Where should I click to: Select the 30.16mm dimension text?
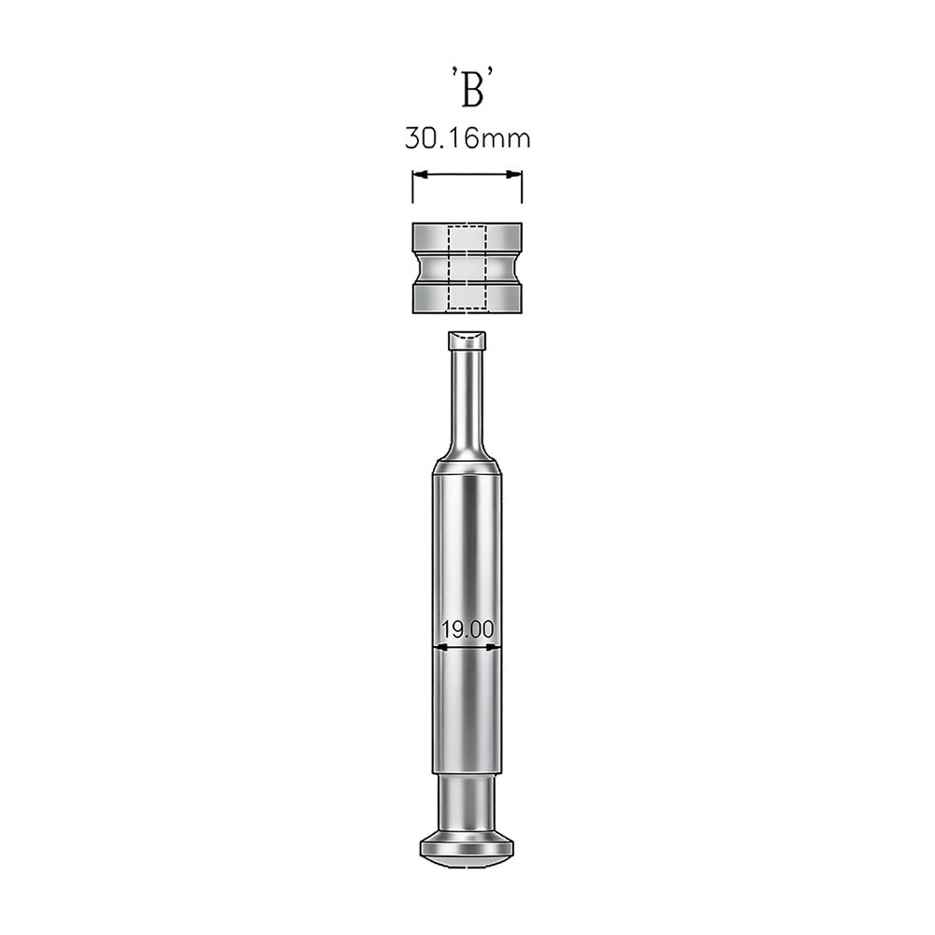click(x=467, y=137)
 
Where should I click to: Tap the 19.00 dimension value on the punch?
click(x=467, y=629)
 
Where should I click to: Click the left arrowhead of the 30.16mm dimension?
click(x=421, y=175)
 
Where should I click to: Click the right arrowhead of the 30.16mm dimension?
click(x=514, y=175)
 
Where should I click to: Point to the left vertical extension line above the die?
click(x=412, y=187)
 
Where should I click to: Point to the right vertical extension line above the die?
click(x=522, y=187)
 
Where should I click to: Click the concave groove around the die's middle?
click(x=467, y=267)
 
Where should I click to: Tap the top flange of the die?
click(x=467, y=237)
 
